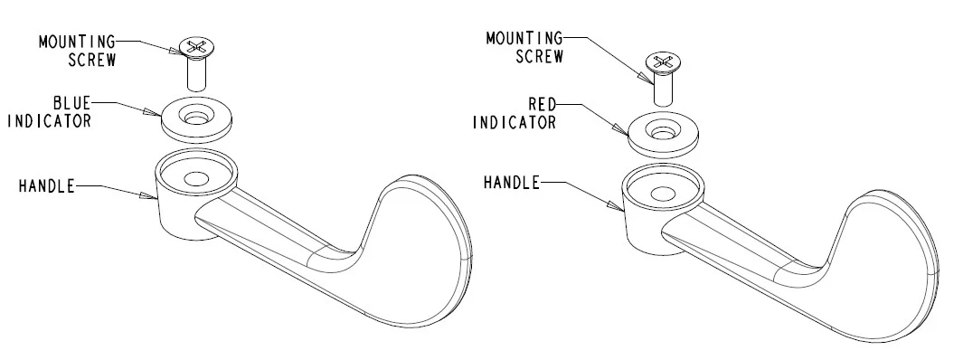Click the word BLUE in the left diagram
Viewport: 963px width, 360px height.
pyautogui.click(x=71, y=102)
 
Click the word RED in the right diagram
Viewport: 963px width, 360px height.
pyautogui.click(x=542, y=104)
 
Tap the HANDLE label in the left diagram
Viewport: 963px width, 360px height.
pyautogui.click(x=47, y=186)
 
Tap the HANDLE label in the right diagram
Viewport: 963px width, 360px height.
pyautogui.click(x=512, y=183)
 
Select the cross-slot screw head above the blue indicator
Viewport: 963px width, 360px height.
pyautogui.click(x=196, y=45)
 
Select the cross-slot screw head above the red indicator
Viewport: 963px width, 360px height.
pyautogui.click(x=663, y=62)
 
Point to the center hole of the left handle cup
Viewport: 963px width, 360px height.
pyautogui.click(x=196, y=179)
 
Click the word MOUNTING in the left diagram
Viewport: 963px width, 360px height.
pyautogui.click(x=78, y=42)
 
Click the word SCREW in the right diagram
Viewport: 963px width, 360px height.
pyautogui.click(x=540, y=56)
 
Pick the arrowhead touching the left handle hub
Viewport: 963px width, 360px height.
pyautogui.click(x=148, y=196)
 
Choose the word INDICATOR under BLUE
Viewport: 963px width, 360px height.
pyautogui.click(x=49, y=120)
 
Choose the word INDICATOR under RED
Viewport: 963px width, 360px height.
pyautogui.click(x=515, y=122)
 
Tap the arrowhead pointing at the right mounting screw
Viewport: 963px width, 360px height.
pyautogui.click(x=645, y=77)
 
